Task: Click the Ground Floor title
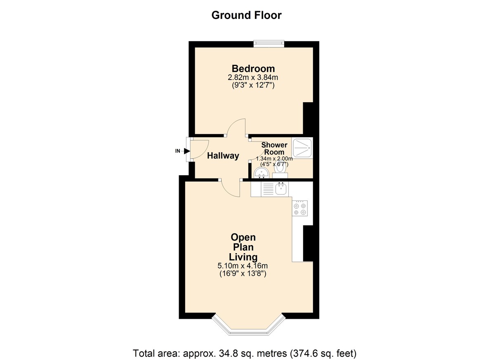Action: [246, 15]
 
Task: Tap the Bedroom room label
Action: [253, 68]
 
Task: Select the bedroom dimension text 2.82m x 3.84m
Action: [253, 78]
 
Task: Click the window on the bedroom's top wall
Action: [269, 42]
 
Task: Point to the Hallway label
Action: [223, 156]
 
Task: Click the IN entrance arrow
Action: [186, 151]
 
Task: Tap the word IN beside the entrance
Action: [178, 151]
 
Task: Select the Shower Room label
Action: [274, 148]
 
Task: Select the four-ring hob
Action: [300, 209]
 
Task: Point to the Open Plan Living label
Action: [243, 247]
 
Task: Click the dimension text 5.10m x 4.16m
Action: [243, 266]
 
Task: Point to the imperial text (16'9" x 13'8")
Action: [243, 273]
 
